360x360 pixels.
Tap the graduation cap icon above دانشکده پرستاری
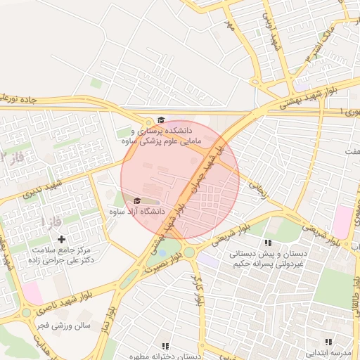coord(161,120)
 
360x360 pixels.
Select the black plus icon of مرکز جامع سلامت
coord(62,240)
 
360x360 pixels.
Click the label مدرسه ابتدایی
coord(331,352)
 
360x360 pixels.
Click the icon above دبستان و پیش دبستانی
coord(268,243)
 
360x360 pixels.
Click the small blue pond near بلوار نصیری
coord(163,252)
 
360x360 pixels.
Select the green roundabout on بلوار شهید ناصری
coord(27,311)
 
